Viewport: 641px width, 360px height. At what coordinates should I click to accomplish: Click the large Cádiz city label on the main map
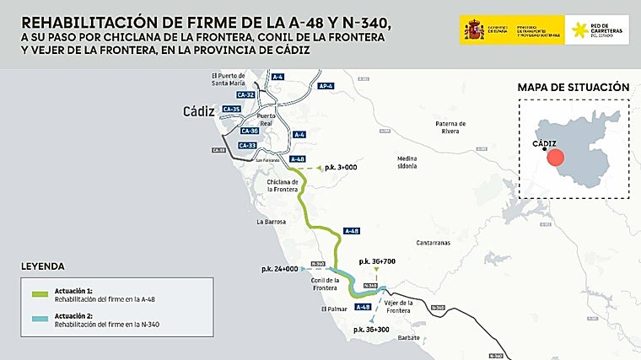click(200, 111)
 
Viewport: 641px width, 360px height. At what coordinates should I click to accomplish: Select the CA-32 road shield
click(233, 95)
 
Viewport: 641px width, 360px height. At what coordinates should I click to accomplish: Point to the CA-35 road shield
click(231, 109)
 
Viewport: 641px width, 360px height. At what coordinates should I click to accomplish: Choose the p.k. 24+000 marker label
click(279, 269)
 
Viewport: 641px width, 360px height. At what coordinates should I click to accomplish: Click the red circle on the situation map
click(554, 159)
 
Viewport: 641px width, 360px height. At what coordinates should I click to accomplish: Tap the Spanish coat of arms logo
click(472, 30)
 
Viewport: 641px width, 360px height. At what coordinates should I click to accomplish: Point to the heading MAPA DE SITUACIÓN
click(573, 86)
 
